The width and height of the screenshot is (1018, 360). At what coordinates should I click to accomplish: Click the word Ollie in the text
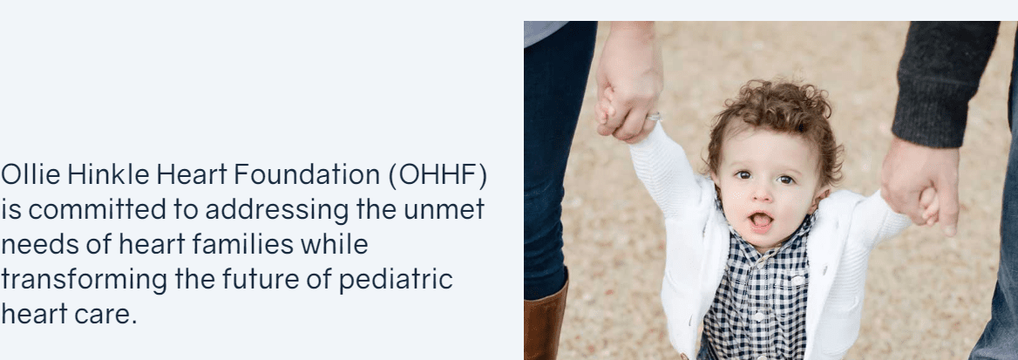tap(30, 175)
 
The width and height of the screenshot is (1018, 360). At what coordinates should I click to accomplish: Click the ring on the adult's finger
tap(654, 117)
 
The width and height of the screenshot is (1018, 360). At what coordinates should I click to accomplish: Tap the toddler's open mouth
tap(761, 221)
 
